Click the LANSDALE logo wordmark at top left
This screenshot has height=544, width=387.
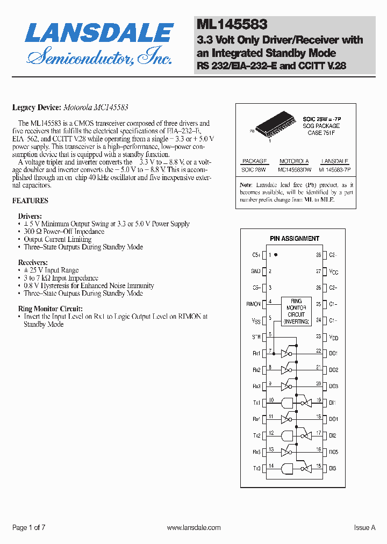pos(99,33)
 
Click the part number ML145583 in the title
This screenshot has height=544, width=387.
pos(232,24)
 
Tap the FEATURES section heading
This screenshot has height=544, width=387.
pos(30,201)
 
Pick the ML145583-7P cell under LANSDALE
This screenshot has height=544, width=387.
pos(334,170)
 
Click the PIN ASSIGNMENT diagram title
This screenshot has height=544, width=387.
pos(294,238)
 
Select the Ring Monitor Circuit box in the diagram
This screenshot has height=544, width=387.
pos(296,311)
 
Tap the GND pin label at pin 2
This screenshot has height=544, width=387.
pos(255,271)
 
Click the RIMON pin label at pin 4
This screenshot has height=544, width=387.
pos(253,304)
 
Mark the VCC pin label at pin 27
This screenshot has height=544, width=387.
pos(334,272)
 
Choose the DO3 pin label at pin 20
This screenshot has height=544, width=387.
pos(333,386)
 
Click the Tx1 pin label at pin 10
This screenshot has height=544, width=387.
pos(256,403)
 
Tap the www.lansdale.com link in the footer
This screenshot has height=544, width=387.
pos(193,528)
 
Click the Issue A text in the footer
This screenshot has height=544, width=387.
pos(364,528)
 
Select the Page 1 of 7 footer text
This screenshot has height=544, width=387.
pos(28,528)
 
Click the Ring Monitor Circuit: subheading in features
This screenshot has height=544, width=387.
pos(50,309)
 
